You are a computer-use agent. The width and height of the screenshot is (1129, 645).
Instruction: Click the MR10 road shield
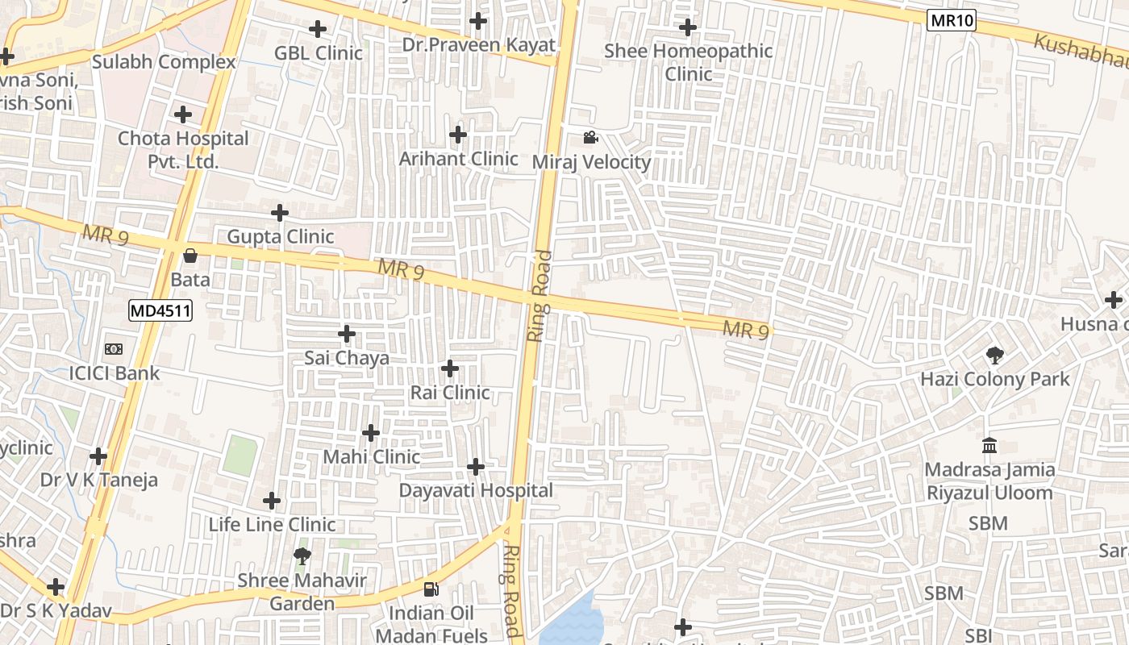951,21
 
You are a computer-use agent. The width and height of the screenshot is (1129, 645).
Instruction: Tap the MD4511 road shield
160,310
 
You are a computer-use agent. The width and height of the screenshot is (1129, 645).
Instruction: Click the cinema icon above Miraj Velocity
590,138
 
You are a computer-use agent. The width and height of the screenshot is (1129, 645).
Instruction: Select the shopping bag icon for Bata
190,256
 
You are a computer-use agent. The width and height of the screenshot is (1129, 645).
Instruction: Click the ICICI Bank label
115,373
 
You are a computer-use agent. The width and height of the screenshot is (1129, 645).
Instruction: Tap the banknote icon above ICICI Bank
114,349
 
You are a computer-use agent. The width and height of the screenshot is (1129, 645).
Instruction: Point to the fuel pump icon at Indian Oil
431,589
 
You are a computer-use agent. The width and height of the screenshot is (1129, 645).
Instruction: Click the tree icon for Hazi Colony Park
995,355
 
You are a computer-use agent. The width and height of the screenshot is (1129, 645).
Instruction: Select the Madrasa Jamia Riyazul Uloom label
989,481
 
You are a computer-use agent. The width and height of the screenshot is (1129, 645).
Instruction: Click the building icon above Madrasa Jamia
989,445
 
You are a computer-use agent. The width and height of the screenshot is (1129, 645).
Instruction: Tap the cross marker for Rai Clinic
450,369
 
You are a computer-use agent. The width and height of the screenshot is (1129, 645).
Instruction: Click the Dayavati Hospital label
476,490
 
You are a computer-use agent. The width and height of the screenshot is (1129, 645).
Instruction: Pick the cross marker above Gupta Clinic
280,213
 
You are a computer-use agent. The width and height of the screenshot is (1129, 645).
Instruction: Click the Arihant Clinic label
458,159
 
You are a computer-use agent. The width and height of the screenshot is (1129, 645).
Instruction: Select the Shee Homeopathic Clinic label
688,62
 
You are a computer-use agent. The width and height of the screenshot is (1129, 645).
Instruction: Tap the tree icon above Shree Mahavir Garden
302,556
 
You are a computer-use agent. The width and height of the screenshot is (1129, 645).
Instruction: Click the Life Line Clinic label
272,524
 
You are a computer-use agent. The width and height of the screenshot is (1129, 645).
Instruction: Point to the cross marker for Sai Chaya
347,334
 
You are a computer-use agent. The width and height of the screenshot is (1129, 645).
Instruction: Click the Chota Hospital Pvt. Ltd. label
183,149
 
